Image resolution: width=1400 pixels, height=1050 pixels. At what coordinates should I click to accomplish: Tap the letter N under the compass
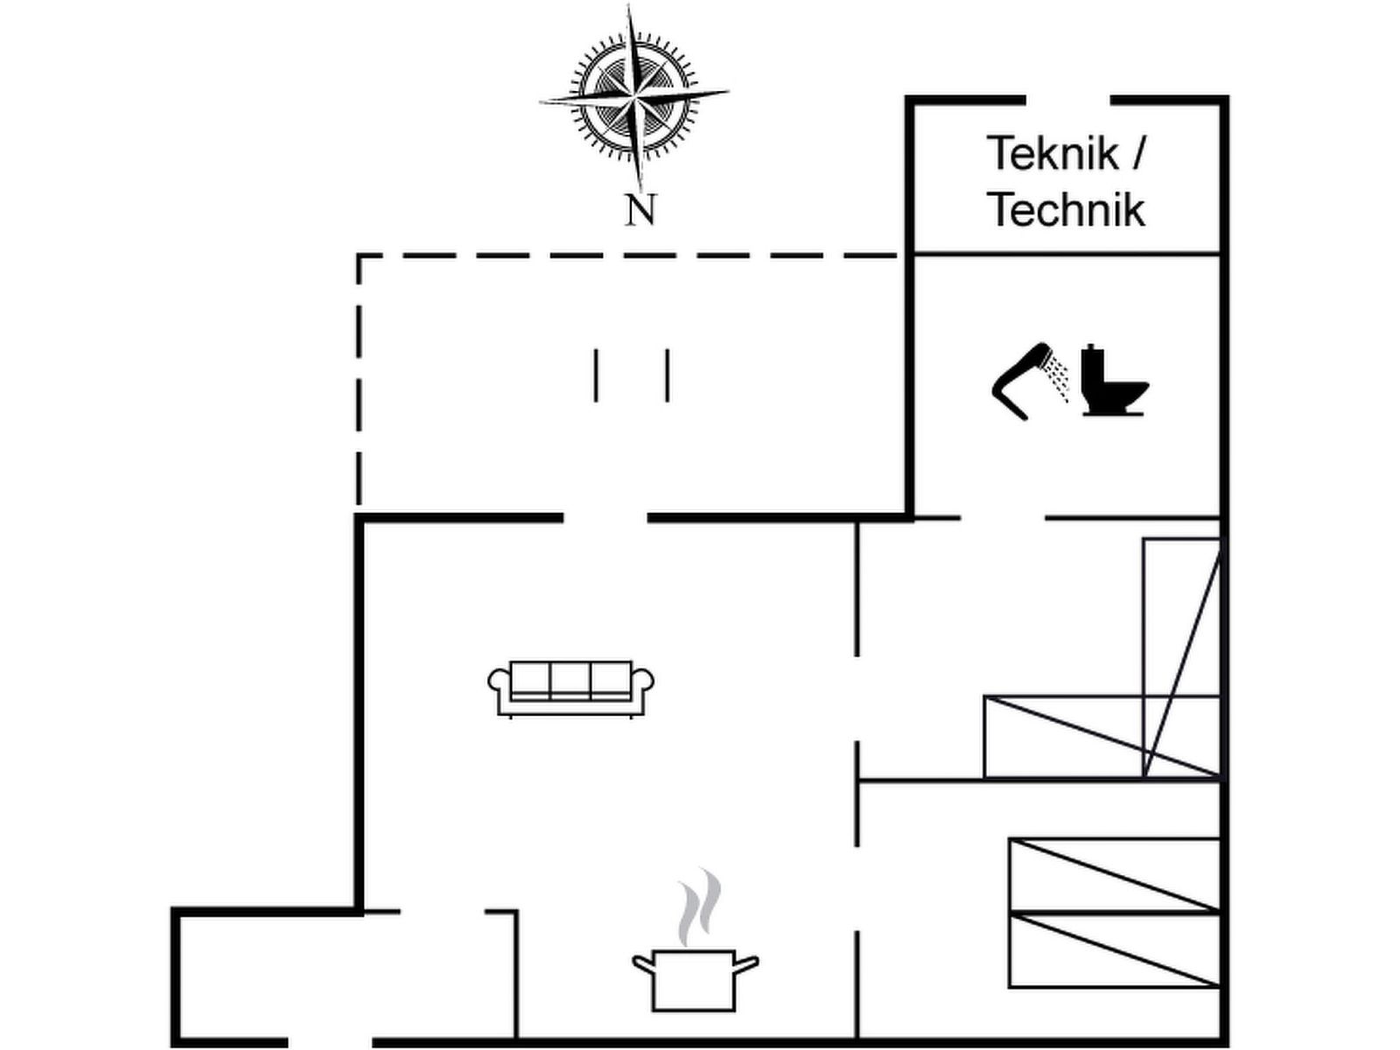(x=640, y=210)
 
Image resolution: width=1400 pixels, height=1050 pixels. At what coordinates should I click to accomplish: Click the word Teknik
(x=1053, y=154)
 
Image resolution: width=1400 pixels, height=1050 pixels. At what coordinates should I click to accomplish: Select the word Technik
(x=1066, y=210)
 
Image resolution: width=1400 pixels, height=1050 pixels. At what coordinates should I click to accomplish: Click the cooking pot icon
(x=695, y=978)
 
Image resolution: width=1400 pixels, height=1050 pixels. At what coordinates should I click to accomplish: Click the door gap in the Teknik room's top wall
(x=1067, y=100)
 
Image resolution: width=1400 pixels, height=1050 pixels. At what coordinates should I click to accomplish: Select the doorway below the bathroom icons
(x=1003, y=518)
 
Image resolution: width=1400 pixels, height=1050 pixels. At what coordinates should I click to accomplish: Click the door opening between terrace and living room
(x=605, y=518)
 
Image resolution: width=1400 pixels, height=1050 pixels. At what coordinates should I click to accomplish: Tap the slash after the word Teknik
(x=1137, y=154)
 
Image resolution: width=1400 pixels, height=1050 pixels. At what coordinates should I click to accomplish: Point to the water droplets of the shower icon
(x=1060, y=380)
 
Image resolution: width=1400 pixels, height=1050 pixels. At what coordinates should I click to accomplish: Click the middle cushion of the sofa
(x=570, y=680)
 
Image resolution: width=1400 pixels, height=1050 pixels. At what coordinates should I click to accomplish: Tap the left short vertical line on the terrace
(x=596, y=375)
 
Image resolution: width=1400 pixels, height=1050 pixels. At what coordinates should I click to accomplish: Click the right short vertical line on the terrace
(x=668, y=375)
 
